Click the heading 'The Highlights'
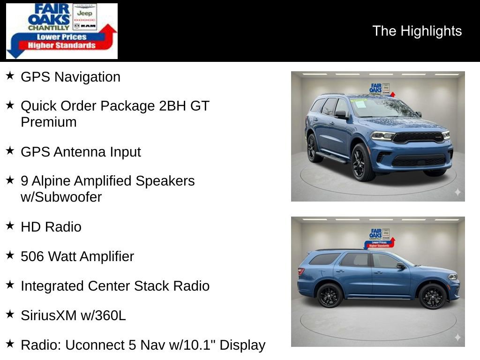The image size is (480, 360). coord(417,31)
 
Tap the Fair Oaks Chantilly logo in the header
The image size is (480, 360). coord(61,31)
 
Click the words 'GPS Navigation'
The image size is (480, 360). coord(70,77)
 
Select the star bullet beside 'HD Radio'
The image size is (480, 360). coord(10,226)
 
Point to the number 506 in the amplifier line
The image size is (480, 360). coord(33,256)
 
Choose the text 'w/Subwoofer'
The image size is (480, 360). coord(61,197)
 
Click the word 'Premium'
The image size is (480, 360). coord(48,122)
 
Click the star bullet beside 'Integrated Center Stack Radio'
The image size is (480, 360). coord(10,285)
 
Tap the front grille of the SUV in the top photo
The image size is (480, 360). coord(419,137)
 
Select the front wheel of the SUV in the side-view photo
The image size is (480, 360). coord(432,296)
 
